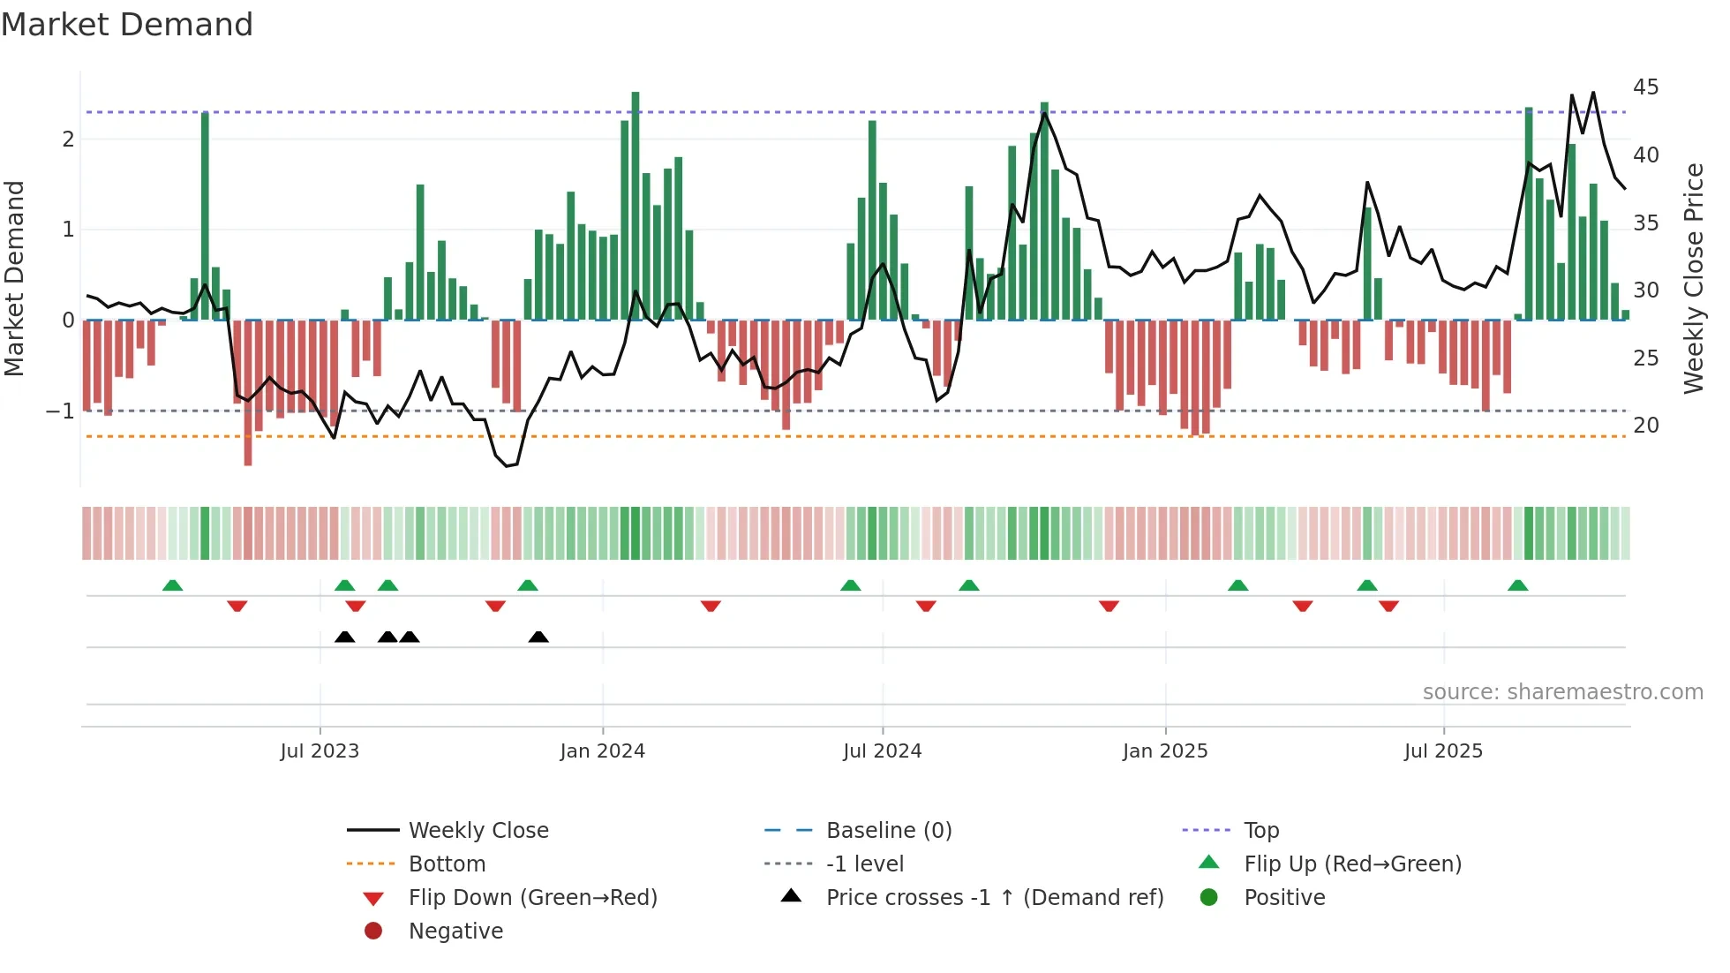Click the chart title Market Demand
point(127,25)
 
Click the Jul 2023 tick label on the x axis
point(320,751)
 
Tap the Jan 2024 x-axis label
point(603,751)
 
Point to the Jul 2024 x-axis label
point(882,751)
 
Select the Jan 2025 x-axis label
point(1165,751)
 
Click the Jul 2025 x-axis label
point(1443,751)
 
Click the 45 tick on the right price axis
point(1645,87)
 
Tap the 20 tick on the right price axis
point(1645,426)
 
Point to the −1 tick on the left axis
point(60,411)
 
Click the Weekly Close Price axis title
point(1693,278)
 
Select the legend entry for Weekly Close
point(478,831)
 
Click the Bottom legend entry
point(447,864)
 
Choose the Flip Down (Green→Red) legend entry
point(532,898)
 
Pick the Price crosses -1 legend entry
point(994,898)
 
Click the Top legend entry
point(1260,831)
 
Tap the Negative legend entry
point(455,932)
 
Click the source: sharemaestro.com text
point(1562,692)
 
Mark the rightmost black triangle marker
point(538,637)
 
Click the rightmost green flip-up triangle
point(1517,585)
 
